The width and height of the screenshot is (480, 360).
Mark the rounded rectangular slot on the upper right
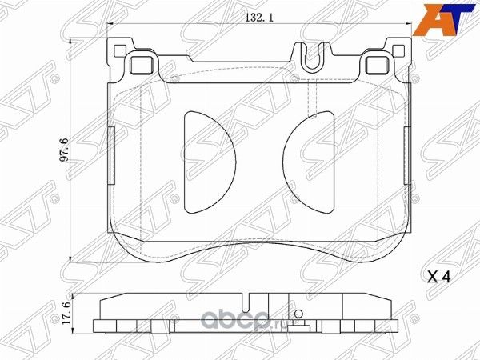[x=377, y=66]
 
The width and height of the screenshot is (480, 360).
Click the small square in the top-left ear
[x=121, y=53]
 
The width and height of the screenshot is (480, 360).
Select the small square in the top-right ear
[x=401, y=53]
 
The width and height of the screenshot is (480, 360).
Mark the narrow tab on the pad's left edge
[x=110, y=149]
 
